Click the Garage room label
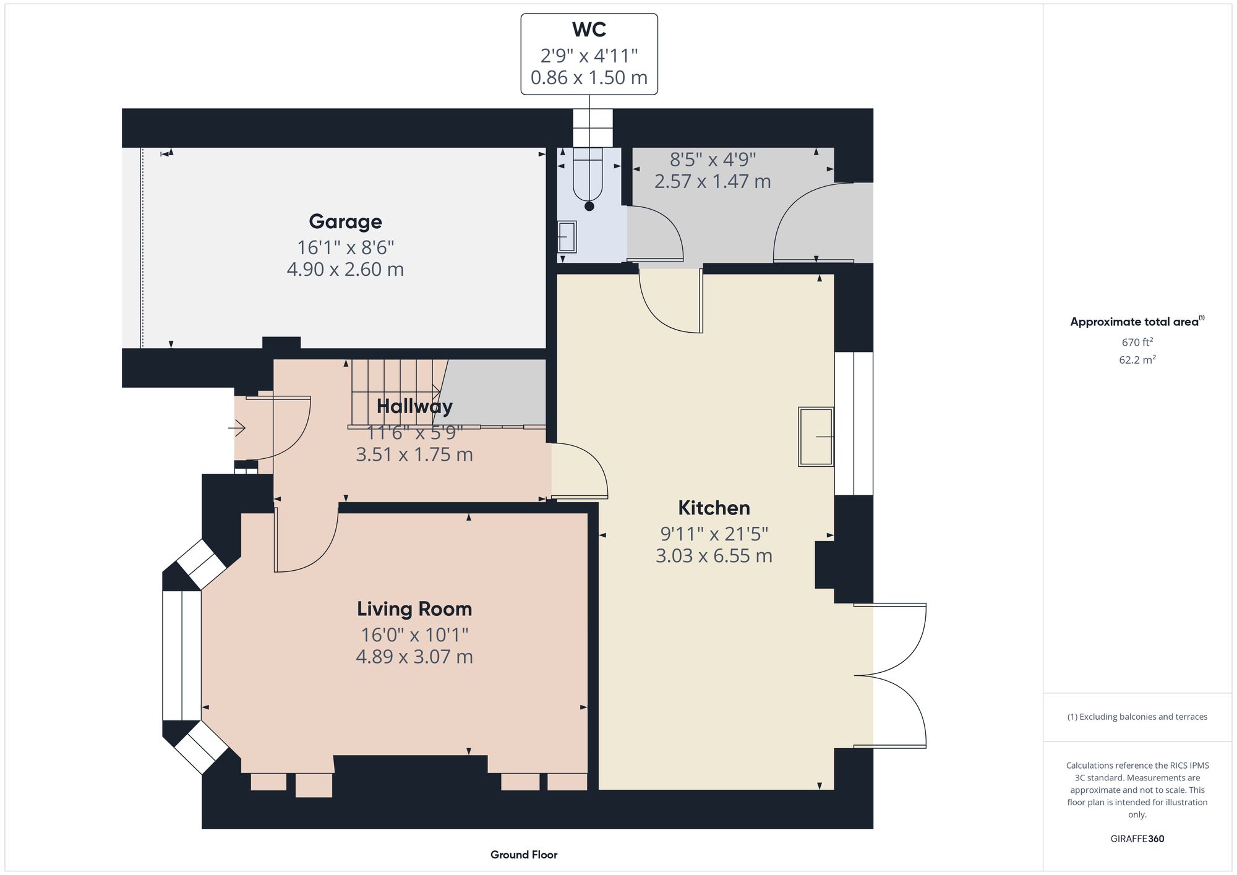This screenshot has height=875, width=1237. pos(345,221)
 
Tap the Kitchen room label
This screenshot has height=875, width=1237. pos(714,508)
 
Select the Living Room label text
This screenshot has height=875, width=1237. pos(414,609)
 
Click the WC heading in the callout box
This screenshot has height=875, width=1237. pos(589,30)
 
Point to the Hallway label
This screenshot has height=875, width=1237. pos(414,406)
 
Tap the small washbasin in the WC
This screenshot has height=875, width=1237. pos(567,237)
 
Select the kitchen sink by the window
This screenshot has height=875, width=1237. pos(816,437)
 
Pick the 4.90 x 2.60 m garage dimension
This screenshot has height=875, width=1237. pos(345,270)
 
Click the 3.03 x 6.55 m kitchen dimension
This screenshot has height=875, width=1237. pos(714,556)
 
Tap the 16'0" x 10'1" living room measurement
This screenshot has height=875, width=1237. pos(414,635)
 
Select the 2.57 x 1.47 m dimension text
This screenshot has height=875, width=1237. pos(713,182)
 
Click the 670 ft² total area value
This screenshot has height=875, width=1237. pos(1137,342)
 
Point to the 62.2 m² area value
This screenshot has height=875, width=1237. pos(1137,360)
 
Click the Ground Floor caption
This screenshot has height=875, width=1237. pos(524,855)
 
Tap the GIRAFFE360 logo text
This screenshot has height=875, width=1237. pos(1137,839)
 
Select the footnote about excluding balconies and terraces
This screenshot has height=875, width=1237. pos(1137,717)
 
